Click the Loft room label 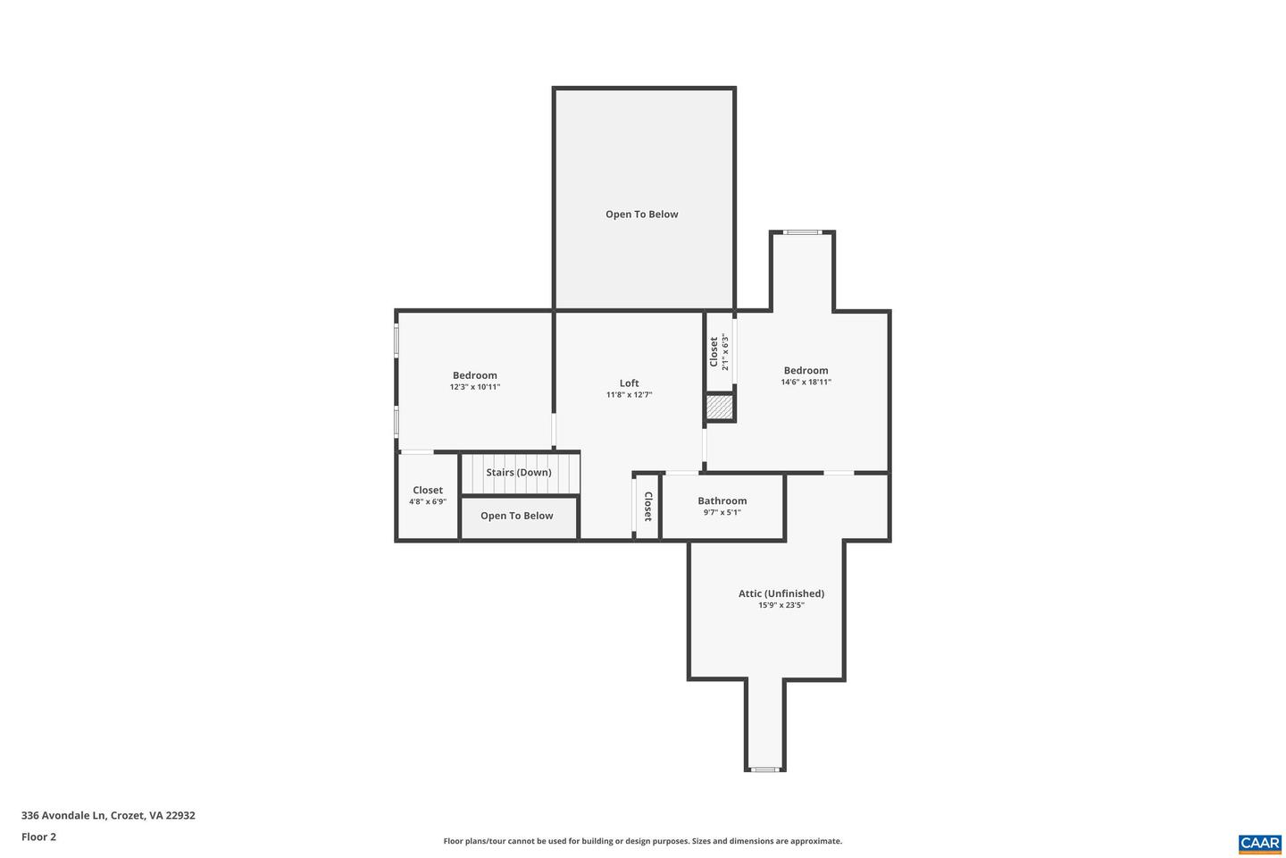pyautogui.click(x=629, y=383)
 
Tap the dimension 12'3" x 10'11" pyautogui.click(x=474, y=387)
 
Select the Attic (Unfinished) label pyautogui.click(x=781, y=593)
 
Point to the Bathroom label pyautogui.click(x=722, y=500)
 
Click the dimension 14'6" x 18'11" pyautogui.click(x=806, y=382)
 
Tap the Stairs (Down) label pyautogui.click(x=518, y=472)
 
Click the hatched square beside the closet pyautogui.click(x=720, y=408)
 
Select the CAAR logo pyautogui.click(x=1259, y=843)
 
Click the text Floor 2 pyautogui.click(x=38, y=837)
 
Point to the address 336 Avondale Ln pyautogui.click(x=108, y=815)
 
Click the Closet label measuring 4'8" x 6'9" pyautogui.click(x=427, y=490)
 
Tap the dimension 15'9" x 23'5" pyautogui.click(x=781, y=605)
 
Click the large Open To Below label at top pyautogui.click(x=641, y=214)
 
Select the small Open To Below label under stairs pyautogui.click(x=516, y=516)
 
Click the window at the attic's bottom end pyautogui.click(x=764, y=769)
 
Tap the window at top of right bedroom pyautogui.click(x=802, y=232)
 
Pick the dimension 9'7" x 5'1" pyautogui.click(x=722, y=512)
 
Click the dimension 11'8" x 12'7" pyautogui.click(x=629, y=394)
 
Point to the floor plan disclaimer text pyautogui.click(x=642, y=841)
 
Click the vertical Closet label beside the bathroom pyautogui.click(x=648, y=507)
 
